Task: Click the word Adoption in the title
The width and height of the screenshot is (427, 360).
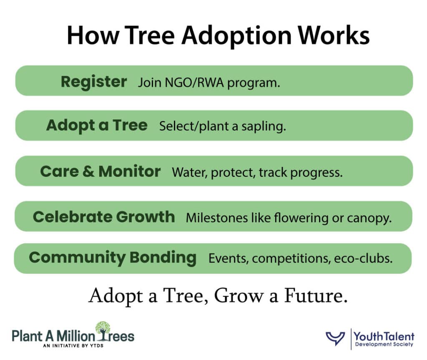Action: point(237,36)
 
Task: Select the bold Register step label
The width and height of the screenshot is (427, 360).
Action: point(94,82)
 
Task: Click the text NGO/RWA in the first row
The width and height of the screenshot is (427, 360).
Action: point(194,82)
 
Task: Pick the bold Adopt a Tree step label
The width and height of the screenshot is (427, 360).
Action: point(97,125)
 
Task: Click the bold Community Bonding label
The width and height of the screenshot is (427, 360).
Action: point(113,257)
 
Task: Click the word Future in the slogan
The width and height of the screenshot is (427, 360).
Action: point(316,295)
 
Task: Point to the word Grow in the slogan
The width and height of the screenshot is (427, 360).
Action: point(239,295)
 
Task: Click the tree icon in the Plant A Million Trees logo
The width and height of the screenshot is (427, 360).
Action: point(103,330)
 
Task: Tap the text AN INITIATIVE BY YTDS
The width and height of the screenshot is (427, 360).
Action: point(73,345)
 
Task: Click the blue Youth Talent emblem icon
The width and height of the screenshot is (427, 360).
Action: point(336,338)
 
